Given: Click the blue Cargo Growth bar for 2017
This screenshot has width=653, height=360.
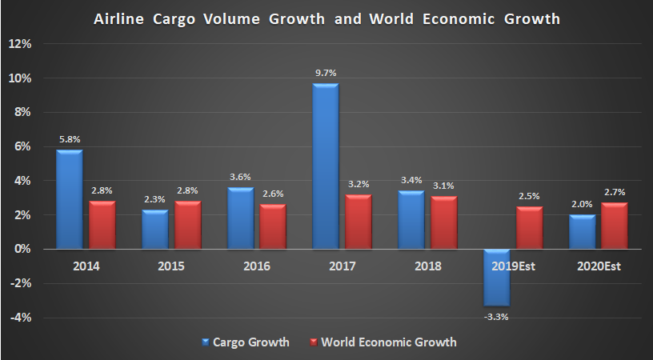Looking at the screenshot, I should (x=325, y=166).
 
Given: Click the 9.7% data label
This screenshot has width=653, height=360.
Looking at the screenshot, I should (x=325, y=74).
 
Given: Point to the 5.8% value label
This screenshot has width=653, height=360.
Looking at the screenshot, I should (x=69, y=139).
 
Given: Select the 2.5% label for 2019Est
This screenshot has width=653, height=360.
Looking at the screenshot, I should (x=529, y=197).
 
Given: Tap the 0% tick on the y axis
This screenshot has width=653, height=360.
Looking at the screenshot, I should (x=22, y=250).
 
